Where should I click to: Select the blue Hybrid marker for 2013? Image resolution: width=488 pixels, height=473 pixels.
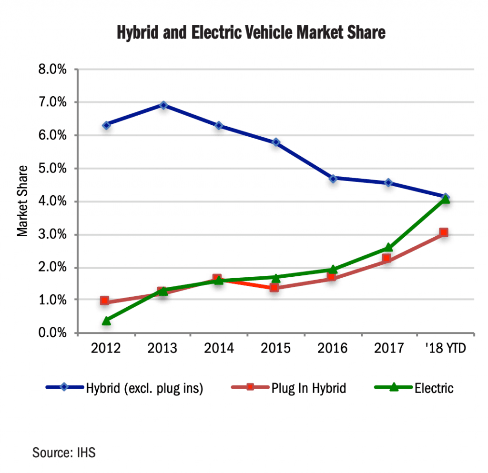[x=163, y=105]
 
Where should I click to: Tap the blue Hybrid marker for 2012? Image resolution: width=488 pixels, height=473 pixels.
[x=106, y=125]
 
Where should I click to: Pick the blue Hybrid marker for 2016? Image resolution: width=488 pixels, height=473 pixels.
[x=333, y=178]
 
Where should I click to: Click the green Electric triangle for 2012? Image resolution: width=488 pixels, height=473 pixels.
[x=106, y=321]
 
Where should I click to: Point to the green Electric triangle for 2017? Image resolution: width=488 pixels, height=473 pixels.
[x=388, y=247]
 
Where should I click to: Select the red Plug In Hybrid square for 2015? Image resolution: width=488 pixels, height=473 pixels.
[x=274, y=287]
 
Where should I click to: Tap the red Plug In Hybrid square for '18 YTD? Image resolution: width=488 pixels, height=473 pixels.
[x=444, y=232]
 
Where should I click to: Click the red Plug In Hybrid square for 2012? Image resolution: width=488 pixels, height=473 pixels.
[x=105, y=301]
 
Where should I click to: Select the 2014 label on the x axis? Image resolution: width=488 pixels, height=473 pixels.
[x=219, y=348]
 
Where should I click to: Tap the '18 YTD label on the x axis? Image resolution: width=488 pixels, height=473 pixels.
[x=445, y=348]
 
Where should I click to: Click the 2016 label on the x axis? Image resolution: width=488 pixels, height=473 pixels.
[x=332, y=348]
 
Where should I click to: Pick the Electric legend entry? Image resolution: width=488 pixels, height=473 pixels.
[x=434, y=388]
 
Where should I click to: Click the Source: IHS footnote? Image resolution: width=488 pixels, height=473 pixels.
[x=64, y=452]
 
